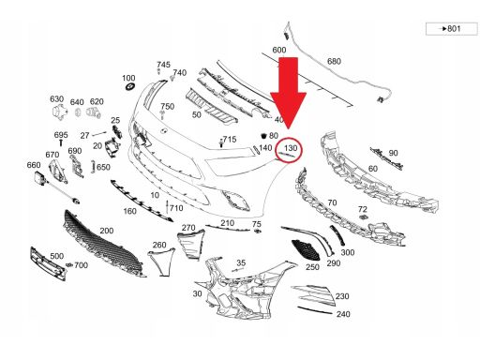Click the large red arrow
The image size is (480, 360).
[x=288, y=94]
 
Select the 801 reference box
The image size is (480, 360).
[x=452, y=29]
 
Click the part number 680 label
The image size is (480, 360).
[x=334, y=61]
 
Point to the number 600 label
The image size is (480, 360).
[x=279, y=50]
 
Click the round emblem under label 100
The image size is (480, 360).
[x=128, y=86]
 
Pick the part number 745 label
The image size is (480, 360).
[x=163, y=65]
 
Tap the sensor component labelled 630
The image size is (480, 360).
[x=59, y=112]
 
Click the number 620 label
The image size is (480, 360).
[x=97, y=101]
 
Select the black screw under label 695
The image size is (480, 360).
[x=61, y=142]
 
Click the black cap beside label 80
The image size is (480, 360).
[x=264, y=135]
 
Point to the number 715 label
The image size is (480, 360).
[x=230, y=140]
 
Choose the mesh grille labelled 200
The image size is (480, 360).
[x=103, y=245]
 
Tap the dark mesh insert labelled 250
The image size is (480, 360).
[x=306, y=250]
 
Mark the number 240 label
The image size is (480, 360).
[x=343, y=314]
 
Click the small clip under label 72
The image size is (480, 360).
[x=363, y=217]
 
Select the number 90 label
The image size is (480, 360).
[x=393, y=153]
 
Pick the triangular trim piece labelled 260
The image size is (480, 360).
[x=161, y=262]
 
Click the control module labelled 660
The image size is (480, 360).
[x=40, y=177]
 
